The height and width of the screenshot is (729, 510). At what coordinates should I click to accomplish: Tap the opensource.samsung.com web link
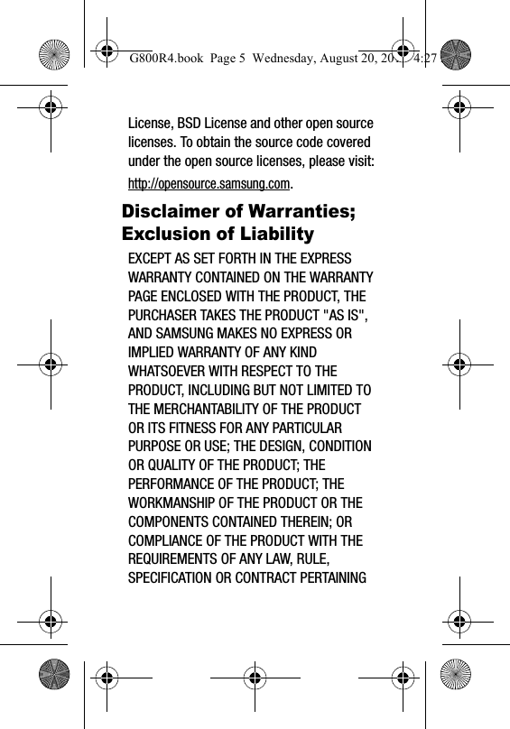tap(209, 183)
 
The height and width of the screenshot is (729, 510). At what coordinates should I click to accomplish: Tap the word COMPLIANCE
tap(172, 540)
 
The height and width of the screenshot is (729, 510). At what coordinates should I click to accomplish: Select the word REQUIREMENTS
tap(182, 558)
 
